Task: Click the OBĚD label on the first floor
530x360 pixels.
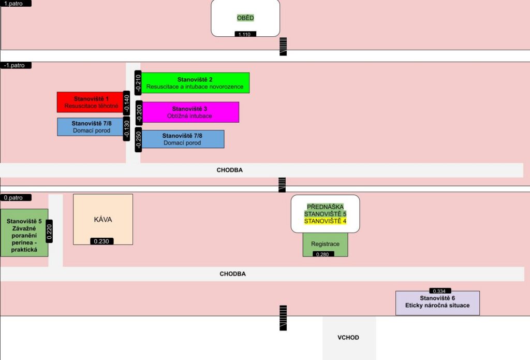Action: coord(245,18)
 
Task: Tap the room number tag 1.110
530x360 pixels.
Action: coord(245,34)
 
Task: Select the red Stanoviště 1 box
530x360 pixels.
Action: coord(90,102)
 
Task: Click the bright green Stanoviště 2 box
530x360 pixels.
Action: coord(195,83)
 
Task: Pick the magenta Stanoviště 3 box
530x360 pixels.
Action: coord(190,112)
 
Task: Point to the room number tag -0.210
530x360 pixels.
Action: coord(138,83)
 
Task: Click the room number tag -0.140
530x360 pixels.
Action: coord(127,104)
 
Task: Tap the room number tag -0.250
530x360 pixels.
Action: coord(138,140)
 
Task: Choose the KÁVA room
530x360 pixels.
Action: coord(103,219)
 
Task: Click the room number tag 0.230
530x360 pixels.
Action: coord(102,241)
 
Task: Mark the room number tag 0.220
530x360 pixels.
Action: coord(50,232)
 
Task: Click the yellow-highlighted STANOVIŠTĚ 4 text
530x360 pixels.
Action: coord(325,221)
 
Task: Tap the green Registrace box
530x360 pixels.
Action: coord(325,243)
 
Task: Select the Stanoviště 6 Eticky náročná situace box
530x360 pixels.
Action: coord(437,304)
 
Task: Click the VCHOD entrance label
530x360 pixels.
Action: coord(348,338)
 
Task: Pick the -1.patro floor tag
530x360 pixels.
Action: coord(16,65)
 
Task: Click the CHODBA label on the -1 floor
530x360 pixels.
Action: coord(229,170)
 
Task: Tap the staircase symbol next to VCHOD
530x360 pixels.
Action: coord(283,318)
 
